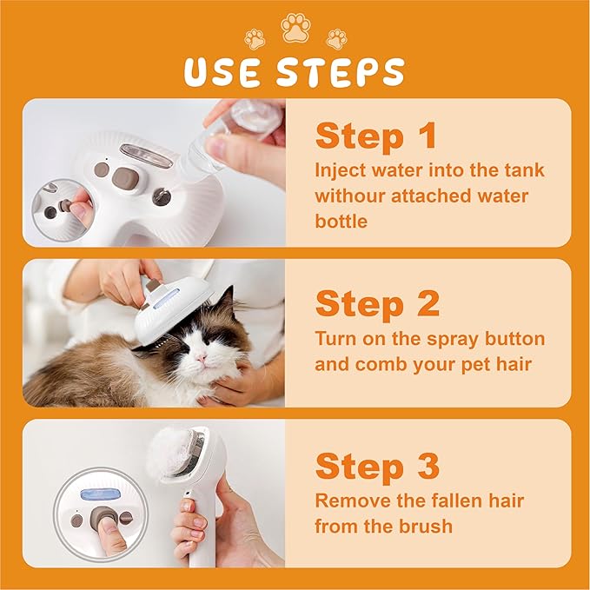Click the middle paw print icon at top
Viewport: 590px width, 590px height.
(295, 29)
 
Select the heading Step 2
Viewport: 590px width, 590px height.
(377, 303)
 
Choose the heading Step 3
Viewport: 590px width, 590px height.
(377, 467)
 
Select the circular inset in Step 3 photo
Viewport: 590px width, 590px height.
(99, 516)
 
